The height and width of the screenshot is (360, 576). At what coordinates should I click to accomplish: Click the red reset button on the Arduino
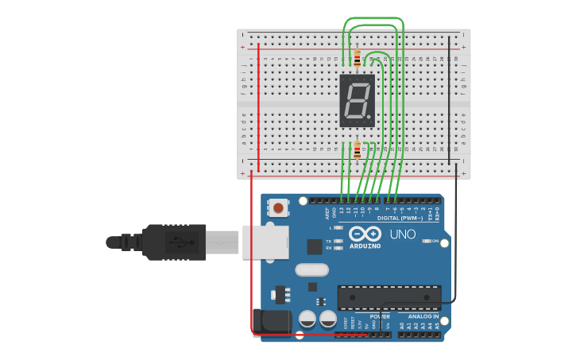(278, 208)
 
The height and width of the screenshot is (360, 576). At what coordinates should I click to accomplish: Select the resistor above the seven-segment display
(357, 58)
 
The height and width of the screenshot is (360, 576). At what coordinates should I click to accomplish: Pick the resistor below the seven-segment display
(358, 149)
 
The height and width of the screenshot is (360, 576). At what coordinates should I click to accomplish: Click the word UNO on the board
(403, 234)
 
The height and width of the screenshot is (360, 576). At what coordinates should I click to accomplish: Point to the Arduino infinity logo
(365, 234)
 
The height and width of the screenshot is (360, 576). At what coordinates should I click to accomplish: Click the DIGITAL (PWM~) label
(400, 218)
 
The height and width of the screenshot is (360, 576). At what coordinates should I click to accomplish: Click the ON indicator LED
(426, 241)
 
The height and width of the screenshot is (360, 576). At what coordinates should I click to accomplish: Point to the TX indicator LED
(338, 241)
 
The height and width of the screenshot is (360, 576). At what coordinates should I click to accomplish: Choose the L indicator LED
(338, 228)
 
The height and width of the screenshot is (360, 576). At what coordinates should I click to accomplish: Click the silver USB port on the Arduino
(265, 242)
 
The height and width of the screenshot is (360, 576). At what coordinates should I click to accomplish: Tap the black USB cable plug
(174, 242)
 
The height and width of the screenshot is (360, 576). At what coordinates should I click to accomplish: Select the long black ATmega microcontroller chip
(389, 298)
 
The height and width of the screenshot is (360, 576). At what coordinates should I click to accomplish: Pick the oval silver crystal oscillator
(311, 270)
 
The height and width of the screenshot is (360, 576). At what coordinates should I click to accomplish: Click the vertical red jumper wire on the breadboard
(258, 107)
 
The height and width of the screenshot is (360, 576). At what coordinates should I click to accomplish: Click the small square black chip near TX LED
(315, 246)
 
